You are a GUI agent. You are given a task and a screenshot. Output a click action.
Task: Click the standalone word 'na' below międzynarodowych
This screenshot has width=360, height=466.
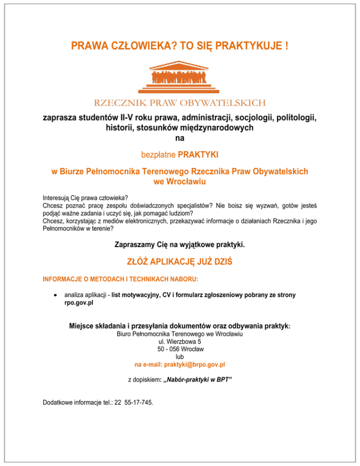180,138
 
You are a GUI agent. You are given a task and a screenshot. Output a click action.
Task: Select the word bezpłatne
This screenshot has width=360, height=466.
159,154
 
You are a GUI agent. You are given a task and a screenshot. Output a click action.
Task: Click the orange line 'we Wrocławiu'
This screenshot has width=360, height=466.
180,181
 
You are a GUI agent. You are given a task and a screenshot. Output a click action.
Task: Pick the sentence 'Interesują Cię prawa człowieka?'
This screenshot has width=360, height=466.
85,197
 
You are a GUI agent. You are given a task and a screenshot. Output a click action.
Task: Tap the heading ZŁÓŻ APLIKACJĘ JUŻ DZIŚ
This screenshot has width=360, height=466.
180,263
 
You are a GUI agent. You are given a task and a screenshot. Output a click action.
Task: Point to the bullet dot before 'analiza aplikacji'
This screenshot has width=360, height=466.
56,295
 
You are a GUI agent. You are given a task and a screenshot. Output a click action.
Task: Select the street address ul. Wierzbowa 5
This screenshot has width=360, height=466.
180,341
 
